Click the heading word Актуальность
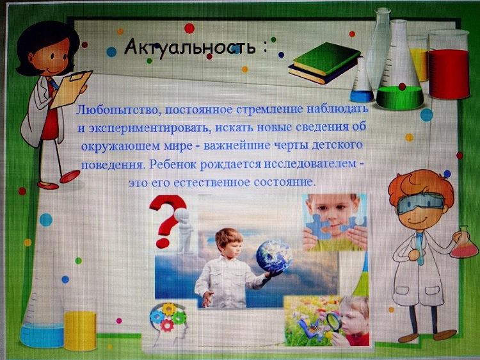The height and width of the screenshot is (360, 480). pyautogui.click(x=190, y=47)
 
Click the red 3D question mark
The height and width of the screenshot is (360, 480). pyautogui.click(x=168, y=220)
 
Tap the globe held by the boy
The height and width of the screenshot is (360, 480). pyautogui.click(x=274, y=256)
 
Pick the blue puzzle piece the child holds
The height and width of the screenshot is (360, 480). pyautogui.click(x=319, y=226)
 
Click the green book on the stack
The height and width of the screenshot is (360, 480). pyautogui.click(x=326, y=58)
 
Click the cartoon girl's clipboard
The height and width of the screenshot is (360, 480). pyautogui.click(x=71, y=89)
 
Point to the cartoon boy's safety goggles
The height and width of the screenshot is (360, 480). pyautogui.click(x=420, y=203)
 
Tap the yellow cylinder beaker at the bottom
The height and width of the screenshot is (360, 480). pyautogui.click(x=80, y=331)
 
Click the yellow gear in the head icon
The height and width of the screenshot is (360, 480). pyautogui.click(x=169, y=309)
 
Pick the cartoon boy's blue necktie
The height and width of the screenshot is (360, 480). pyautogui.click(x=420, y=248)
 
